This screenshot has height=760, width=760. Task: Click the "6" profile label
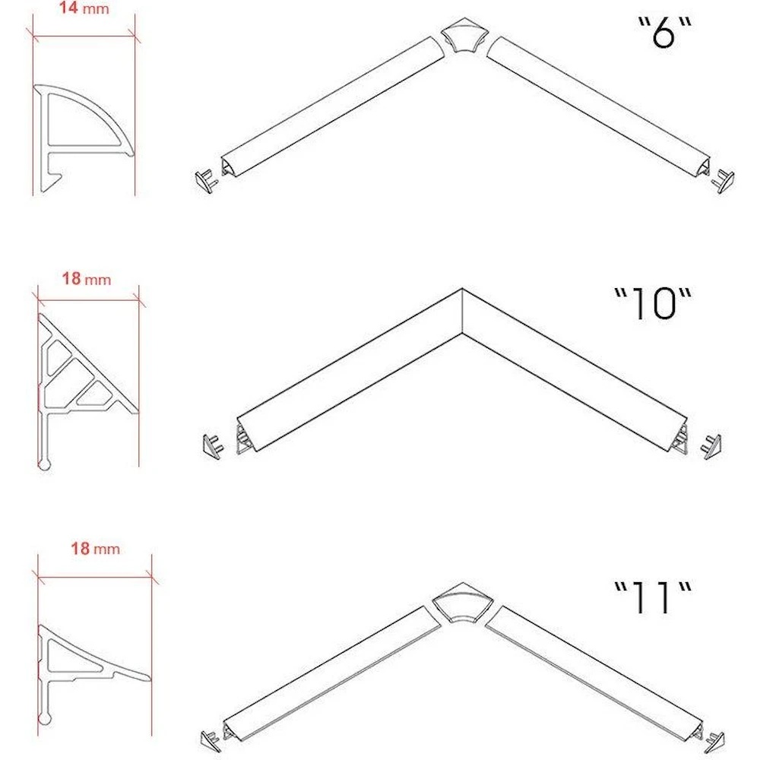[663, 33]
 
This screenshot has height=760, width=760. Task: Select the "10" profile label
[653, 304]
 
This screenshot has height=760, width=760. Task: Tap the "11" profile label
[653, 597]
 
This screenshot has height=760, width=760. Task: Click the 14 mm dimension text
[84, 8]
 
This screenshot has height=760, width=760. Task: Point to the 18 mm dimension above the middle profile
[87, 279]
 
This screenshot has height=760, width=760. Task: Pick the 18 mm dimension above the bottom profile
[96, 549]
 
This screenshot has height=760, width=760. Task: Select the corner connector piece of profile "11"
[462, 603]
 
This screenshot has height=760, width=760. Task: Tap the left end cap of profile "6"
[206, 182]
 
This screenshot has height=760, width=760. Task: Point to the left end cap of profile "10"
[213, 447]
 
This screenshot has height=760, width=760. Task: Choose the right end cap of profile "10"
[711, 446]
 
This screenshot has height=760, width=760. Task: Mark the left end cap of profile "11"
[211, 741]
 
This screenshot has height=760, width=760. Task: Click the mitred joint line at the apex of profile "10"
[462, 311]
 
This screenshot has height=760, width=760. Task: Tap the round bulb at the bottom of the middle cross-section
[44, 464]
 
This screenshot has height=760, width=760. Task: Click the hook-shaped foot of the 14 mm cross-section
[50, 179]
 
